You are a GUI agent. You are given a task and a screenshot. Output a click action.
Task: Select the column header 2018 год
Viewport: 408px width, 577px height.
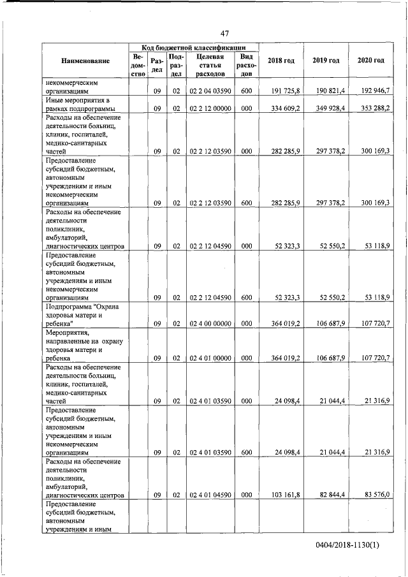[x=280, y=61]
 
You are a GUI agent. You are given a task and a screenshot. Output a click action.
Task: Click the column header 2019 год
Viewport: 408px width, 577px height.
[x=326, y=61]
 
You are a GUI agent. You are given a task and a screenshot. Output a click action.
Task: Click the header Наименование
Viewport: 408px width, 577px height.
[x=85, y=61]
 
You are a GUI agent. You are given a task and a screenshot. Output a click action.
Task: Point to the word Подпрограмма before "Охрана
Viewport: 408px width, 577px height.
[x=68, y=306]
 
